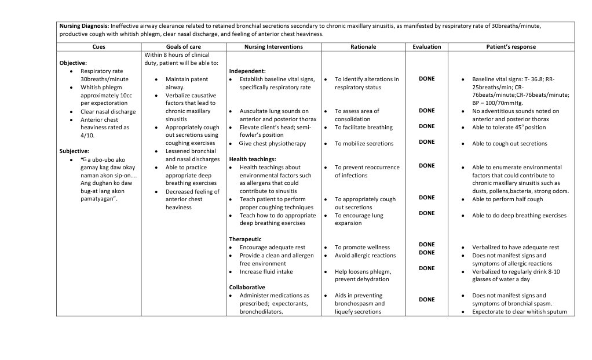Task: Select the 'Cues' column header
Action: pos(99,47)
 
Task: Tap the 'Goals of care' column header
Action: pos(183,47)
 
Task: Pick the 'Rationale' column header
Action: pos(363,47)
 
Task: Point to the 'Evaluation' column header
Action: pos(427,47)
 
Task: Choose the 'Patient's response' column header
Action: pos(511,47)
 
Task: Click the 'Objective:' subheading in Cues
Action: pos(73,63)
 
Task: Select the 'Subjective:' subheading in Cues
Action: pos(74,151)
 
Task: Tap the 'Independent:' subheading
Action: pos(247,71)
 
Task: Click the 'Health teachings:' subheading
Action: pos(253,159)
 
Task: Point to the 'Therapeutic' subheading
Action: pos(245,239)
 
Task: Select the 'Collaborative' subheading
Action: pos(247,287)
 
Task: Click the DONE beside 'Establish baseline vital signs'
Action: pos(427,79)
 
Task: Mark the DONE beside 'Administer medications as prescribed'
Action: pos(427,300)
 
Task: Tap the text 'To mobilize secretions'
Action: pos(364,144)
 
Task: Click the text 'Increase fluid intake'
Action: pos(266,271)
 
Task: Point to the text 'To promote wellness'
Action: pos(362,248)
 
